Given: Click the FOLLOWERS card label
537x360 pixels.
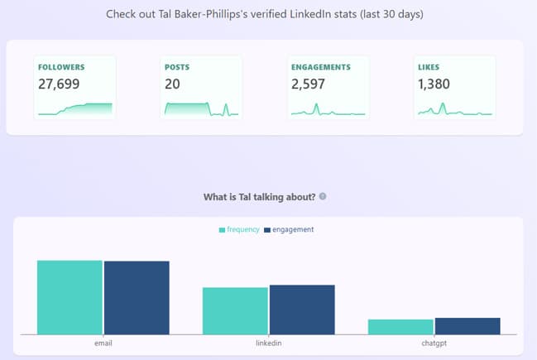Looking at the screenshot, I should (61, 67).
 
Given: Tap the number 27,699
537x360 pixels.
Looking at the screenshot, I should (63, 84).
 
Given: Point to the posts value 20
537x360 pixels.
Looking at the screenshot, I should (172, 84).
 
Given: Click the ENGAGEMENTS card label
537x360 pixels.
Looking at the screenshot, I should (321, 67).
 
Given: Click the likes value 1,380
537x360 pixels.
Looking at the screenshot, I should (437, 84).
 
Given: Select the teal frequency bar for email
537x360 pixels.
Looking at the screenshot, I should (70, 297).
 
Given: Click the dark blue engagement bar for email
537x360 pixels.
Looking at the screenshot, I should (137, 298).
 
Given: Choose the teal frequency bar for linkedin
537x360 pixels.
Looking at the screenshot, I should (235, 311).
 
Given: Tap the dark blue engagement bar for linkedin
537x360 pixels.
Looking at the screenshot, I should (302, 310).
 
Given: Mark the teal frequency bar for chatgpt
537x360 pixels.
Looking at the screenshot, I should (400, 327).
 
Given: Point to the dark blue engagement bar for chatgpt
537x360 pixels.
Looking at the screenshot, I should (467, 326).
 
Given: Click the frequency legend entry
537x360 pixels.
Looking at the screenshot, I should (239, 229).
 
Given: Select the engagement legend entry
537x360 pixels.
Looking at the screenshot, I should (289, 229).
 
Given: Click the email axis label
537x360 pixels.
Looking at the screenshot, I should (103, 343).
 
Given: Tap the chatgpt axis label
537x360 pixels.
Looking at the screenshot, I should (434, 343).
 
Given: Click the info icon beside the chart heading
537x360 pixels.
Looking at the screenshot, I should (323, 197).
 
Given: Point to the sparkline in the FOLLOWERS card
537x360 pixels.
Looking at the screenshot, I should (74, 108).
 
